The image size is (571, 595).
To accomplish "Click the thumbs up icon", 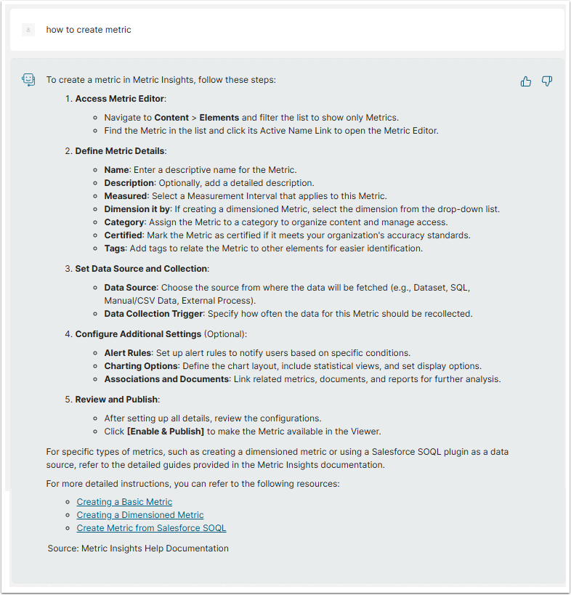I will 526,81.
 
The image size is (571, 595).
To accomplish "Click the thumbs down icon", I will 547,81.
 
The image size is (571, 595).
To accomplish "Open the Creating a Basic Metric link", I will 124,502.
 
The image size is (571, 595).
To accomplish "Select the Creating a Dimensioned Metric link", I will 140,515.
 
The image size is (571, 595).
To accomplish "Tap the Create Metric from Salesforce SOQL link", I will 151,528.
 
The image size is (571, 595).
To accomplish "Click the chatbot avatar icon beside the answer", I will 28,80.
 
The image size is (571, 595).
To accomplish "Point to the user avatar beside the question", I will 28,30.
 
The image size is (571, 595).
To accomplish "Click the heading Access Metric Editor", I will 121,99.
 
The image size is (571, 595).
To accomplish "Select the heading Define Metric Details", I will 121,151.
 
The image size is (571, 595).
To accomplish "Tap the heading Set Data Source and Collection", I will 141,269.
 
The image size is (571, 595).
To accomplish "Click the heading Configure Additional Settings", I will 138,334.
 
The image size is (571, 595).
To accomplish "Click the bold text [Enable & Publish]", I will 165,432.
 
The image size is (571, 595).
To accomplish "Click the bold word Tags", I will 116,248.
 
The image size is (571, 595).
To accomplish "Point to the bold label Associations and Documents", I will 166,379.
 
